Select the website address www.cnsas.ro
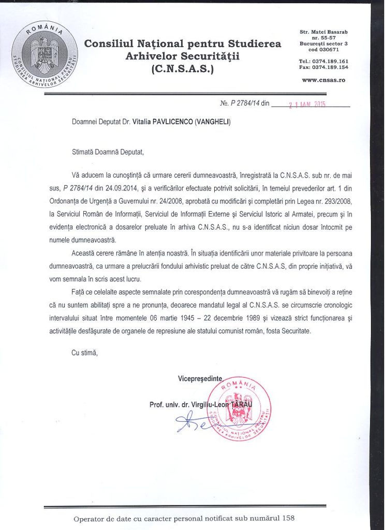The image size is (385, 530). (x=323, y=80)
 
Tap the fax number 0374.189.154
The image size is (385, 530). (x=331, y=67)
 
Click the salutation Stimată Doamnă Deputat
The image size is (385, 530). (x=106, y=152)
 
